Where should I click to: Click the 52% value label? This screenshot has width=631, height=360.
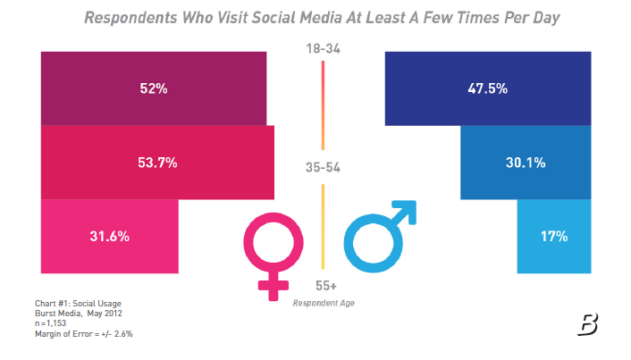click(153, 88)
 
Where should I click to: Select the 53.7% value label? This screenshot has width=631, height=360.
click(157, 163)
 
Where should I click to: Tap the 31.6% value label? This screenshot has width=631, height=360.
click(110, 237)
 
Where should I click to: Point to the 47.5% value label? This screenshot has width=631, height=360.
click(488, 88)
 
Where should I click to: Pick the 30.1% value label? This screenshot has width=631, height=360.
click(526, 163)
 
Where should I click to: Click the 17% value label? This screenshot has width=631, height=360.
click(554, 237)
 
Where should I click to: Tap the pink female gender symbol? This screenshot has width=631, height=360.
click(268, 255)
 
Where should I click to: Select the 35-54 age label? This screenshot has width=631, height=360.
click(323, 167)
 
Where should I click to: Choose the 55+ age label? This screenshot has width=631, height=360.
click(325, 286)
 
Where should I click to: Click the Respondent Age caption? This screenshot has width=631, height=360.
click(325, 304)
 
